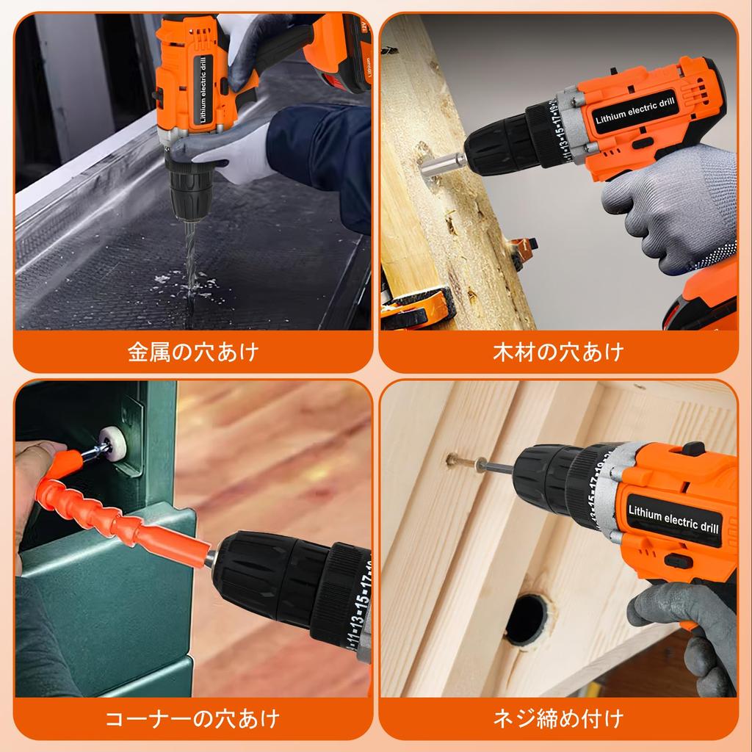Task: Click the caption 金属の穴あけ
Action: point(193,352)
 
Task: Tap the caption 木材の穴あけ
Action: point(558,352)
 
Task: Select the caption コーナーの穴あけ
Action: point(193,717)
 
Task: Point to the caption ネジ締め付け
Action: point(558,717)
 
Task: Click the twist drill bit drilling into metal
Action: point(188,257)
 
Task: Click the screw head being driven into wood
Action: point(454,461)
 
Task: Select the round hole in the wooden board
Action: point(527,619)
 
